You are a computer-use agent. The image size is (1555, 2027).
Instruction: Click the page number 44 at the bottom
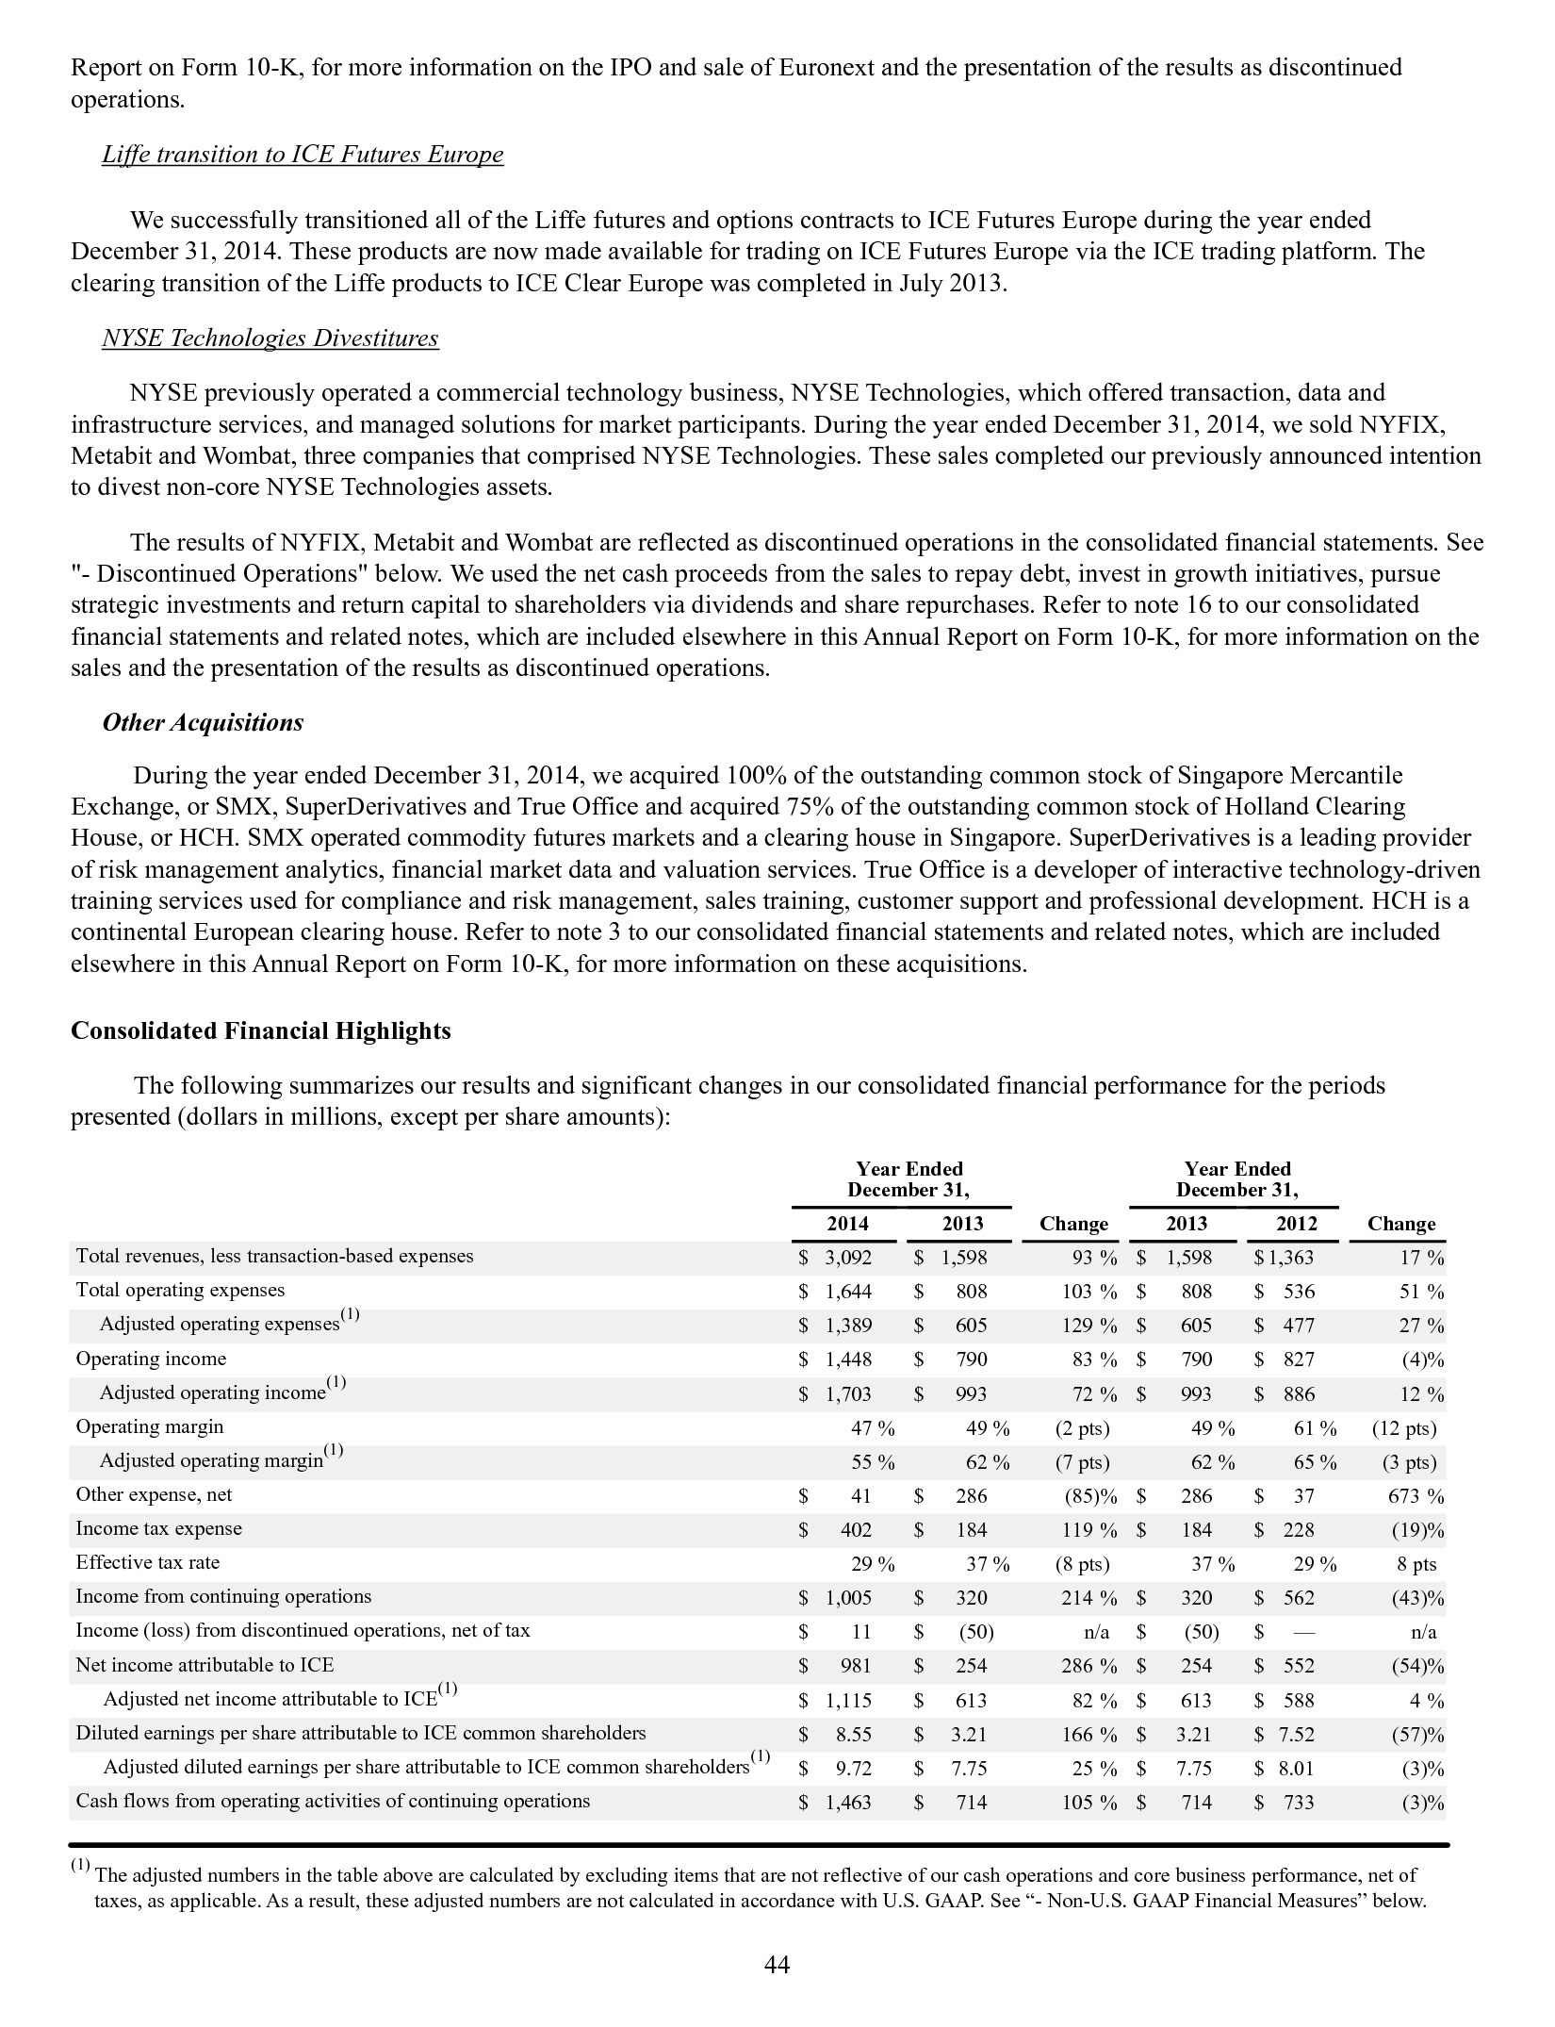click(777, 1965)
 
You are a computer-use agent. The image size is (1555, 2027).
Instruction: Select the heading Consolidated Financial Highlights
click(261, 1030)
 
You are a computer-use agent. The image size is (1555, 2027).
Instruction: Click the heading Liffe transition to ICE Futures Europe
click(303, 155)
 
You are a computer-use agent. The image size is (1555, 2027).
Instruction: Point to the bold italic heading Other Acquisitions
click(203, 722)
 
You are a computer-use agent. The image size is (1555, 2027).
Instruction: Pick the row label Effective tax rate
click(148, 1562)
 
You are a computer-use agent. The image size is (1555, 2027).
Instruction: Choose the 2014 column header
click(847, 1224)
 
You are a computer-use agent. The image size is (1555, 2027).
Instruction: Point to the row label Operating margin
click(150, 1426)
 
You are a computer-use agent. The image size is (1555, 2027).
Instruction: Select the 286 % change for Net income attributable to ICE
click(1085, 1666)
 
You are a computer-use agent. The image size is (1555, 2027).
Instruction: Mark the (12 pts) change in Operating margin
click(1404, 1428)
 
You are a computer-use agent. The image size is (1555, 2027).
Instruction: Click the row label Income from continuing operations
click(223, 1596)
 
